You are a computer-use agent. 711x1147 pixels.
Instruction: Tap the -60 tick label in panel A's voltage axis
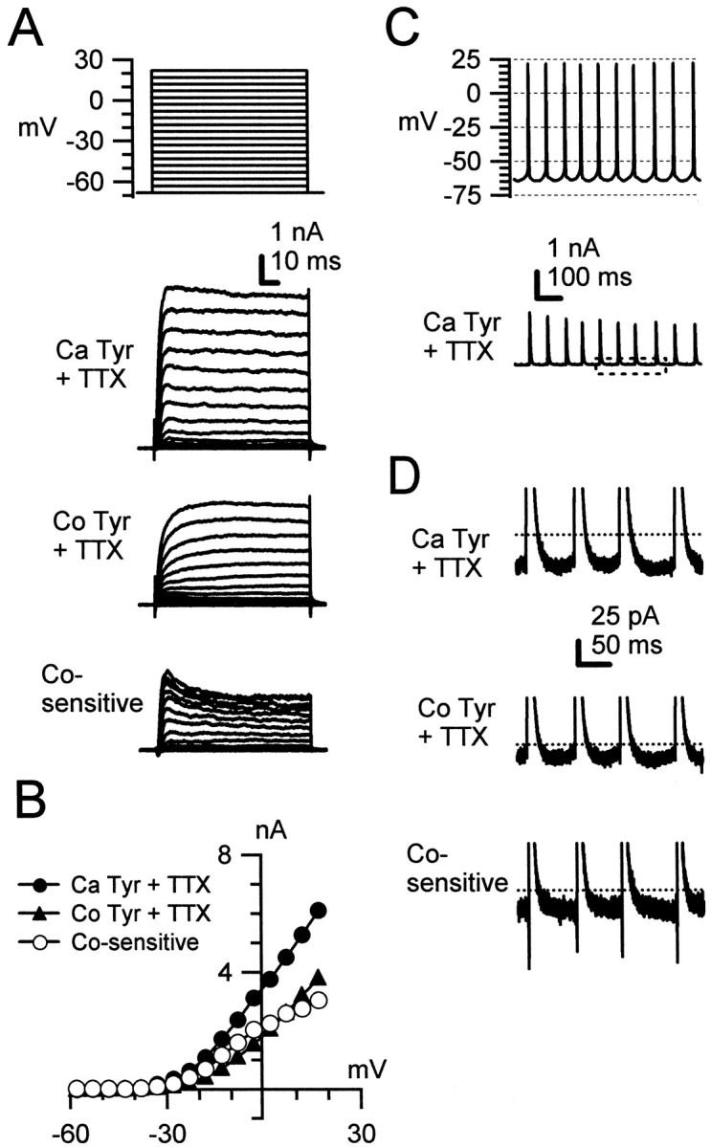87,181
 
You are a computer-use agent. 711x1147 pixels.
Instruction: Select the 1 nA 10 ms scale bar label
297,248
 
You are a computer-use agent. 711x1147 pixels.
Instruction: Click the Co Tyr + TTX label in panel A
81,539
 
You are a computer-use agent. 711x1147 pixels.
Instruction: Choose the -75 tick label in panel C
458,195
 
